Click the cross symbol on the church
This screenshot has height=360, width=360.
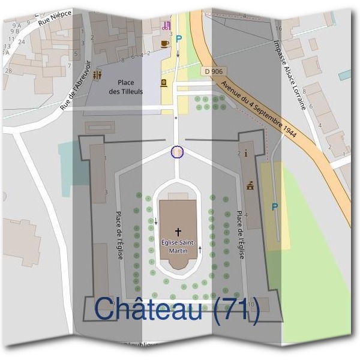click(x=178, y=231)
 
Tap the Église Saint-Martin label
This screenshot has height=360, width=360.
click(x=178, y=246)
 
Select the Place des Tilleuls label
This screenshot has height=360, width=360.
click(x=126, y=87)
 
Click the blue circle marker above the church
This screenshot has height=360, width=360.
click(x=177, y=152)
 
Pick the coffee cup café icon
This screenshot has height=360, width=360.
click(x=164, y=44)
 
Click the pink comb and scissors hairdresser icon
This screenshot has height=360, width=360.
click(x=166, y=25)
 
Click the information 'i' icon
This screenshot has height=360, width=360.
click(x=246, y=153)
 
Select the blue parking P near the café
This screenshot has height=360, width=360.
click(x=178, y=38)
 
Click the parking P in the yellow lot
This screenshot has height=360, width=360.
click(x=275, y=207)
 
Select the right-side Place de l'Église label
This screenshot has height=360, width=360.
click(x=240, y=235)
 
